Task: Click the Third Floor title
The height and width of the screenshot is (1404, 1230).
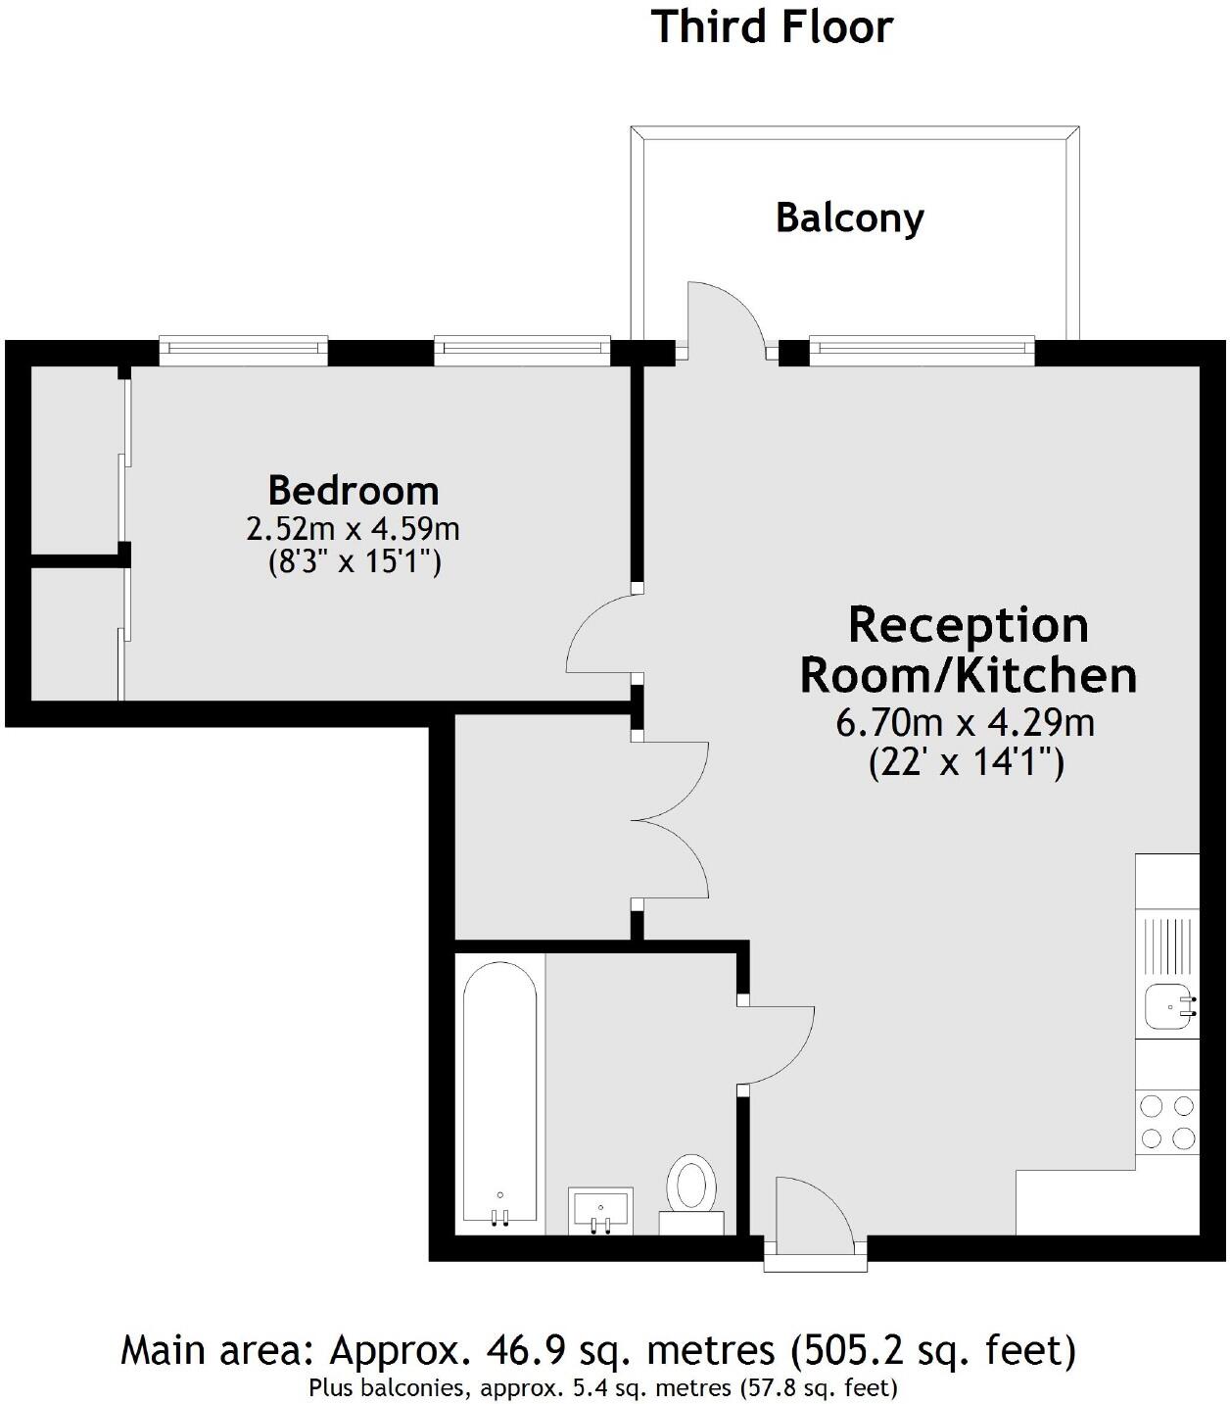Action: (x=772, y=26)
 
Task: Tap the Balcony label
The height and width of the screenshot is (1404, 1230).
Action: (x=849, y=217)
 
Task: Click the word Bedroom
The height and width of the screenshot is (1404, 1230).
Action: (x=353, y=490)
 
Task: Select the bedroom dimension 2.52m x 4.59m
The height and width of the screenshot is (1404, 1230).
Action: (x=353, y=529)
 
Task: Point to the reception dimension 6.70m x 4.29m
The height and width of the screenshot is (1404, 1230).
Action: (x=965, y=723)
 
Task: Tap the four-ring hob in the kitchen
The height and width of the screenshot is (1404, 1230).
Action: (x=1168, y=1122)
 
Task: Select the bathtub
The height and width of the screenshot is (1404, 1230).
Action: (x=499, y=1092)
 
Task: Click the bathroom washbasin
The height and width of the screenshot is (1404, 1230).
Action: (x=600, y=1211)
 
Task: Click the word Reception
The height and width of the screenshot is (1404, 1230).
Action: (x=968, y=625)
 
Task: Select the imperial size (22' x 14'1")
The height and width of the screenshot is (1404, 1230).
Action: (x=966, y=762)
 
